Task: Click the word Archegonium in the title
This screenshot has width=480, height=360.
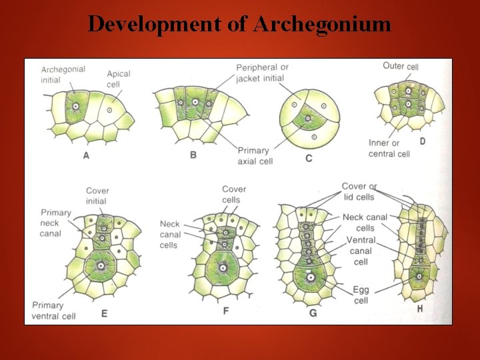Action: point(322,25)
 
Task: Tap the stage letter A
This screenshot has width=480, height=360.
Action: point(86,155)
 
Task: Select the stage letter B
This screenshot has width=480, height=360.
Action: point(193,155)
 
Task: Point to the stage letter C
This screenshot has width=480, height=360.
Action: point(308,158)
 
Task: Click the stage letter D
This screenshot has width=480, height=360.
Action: point(422,141)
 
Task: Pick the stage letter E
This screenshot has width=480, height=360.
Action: point(104,313)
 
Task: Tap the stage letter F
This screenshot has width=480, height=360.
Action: point(227,310)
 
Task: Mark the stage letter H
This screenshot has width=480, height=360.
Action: point(419,309)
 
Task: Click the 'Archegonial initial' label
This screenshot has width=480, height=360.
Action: point(63,75)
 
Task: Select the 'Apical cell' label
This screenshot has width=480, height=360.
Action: point(118,79)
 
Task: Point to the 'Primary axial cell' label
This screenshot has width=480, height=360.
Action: point(255,155)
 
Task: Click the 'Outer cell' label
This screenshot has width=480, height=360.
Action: point(401,66)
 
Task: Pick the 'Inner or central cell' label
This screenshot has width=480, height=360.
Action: point(389,148)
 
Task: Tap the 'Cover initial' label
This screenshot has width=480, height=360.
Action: point(97,196)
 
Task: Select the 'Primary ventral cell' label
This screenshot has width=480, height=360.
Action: point(57,310)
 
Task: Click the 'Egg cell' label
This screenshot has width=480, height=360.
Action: point(361,295)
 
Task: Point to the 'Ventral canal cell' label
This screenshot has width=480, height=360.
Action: point(361,251)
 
